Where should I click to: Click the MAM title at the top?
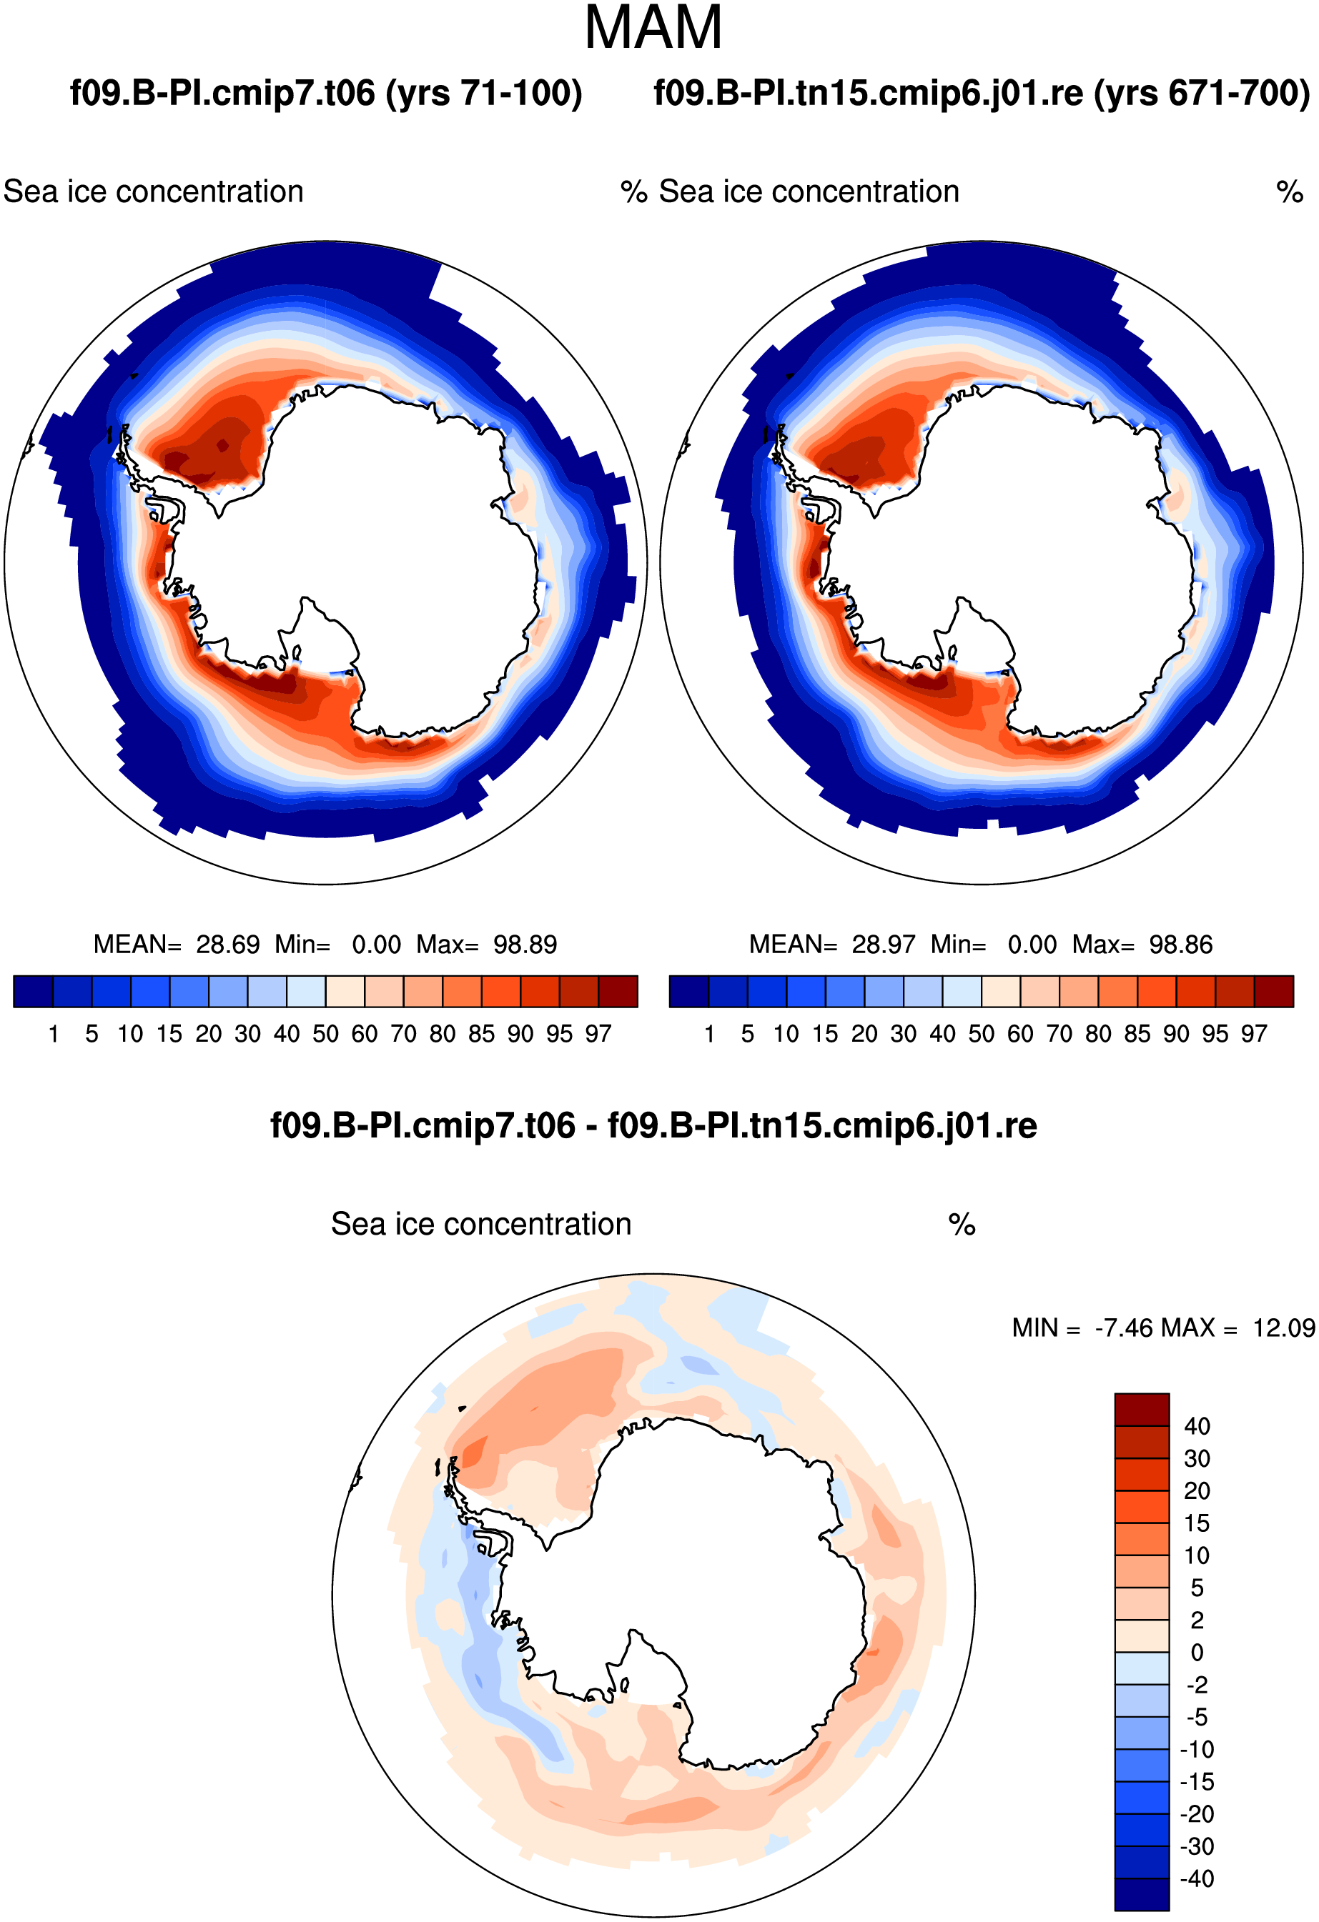click(x=653, y=28)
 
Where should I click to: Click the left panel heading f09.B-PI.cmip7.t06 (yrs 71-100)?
click(x=326, y=93)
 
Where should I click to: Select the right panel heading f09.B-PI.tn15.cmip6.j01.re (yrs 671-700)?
click(x=982, y=93)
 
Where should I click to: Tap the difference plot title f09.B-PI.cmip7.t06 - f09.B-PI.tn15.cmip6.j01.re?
click(x=653, y=1125)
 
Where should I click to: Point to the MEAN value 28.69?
click(x=227, y=944)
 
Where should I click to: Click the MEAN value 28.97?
click(x=884, y=944)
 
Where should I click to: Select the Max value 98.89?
click(x=525, y=944)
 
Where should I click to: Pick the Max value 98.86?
click(x=1181, y=944)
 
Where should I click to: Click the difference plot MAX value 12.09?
click(x=1283, y=1328)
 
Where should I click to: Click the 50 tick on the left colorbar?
click(x=325, y=1033)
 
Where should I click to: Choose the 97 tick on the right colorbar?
click(x=1254, y=1033)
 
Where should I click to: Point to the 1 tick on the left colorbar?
click(x=54, y=1033)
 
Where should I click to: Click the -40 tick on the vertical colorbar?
click(x=1197, y=1878)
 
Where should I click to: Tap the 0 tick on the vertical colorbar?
click(x=1197, y=1653)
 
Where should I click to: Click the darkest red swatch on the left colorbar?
click(x=618, y=992)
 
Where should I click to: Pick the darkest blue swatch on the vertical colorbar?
click(x=1142, y=1895)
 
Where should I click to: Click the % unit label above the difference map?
click(x=962, y=1224)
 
